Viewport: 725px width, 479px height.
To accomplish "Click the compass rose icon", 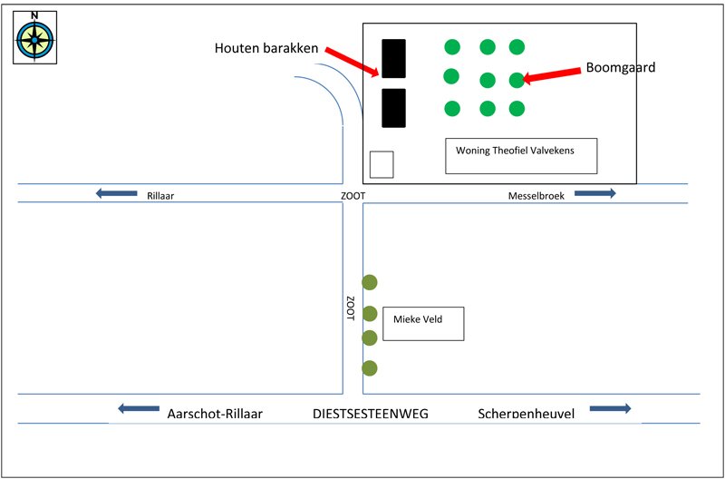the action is pos(34,40).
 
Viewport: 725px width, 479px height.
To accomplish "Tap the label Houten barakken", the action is pos(266,48).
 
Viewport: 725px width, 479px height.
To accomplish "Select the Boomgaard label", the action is pos(621,67).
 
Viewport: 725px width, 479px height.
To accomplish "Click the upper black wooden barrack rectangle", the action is pos(393,58).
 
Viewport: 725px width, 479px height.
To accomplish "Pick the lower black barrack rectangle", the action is pos(393,108).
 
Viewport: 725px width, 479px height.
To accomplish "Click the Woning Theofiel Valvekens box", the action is pos(521,156).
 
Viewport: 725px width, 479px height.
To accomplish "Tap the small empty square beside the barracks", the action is pos(382,164).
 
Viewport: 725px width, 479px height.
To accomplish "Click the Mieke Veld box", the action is pos(423,324).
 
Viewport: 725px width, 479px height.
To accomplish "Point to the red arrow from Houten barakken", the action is pos(353,61).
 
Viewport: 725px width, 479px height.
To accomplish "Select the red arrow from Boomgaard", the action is pos(551,75).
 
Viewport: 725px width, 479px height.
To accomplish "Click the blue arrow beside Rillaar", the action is pos(117,193).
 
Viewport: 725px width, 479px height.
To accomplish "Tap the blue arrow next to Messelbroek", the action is pos(595,193).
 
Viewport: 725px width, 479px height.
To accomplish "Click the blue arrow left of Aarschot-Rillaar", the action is pos(139,408).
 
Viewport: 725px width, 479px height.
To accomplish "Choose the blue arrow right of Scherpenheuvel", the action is pos(610,408).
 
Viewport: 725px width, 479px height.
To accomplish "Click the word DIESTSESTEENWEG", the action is pos(371,414).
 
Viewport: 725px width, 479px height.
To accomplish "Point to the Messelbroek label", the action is pos(536,196).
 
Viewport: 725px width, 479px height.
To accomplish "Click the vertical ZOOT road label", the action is pos(351,308).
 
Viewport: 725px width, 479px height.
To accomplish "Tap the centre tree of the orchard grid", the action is pos(488,80).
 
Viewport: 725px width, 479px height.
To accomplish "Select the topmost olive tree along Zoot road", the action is pos(370,282).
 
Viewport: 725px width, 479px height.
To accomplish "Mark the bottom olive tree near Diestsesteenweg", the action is pos(370,368).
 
